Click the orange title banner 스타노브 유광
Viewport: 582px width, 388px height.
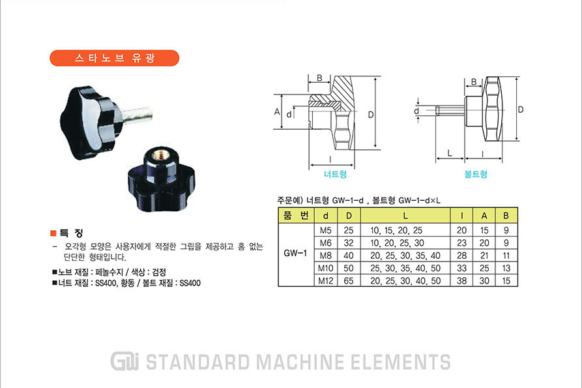[x=114, y=58]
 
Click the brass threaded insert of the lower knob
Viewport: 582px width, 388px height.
[x=161, y=155]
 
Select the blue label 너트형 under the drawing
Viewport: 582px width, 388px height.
[x=335, y=174]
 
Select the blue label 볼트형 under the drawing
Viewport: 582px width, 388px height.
[x=476, y=174]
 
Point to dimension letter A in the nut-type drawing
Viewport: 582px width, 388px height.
[x=277, y=112]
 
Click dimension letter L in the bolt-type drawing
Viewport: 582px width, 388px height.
[x=450, y=153]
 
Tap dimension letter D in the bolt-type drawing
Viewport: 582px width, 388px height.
[x=520, y=110]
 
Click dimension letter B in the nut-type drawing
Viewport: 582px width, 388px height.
[x=319, y=78]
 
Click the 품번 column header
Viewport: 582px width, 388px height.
[x=296, y=215]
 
